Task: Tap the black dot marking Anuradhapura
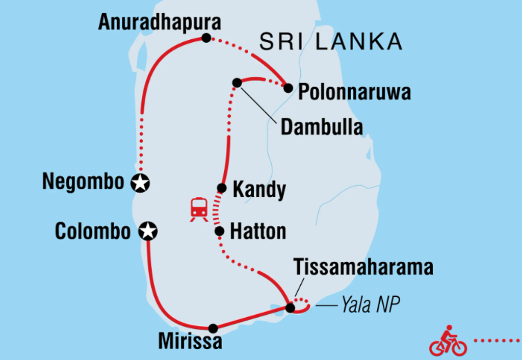(x=205, y=37)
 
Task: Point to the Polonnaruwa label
(x=354, y=93)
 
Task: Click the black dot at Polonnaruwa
(x=288, y=88)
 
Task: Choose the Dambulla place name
(x=322, y=127)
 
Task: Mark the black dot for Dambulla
(x=237, y=82)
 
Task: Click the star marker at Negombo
(x=140, y=182)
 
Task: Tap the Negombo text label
(x=83, y=182)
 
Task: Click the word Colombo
(x=93, y=232)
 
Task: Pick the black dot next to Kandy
(x=222, y=188)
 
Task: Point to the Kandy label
(x=259, y=190)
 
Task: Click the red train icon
(x=199, y=210)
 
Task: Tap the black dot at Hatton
(x=219, y=232)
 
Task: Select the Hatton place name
(x=258, y=232)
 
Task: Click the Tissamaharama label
(x=363, y=267)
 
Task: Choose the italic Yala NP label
(x=371, y=305)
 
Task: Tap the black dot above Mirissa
(x=213, y=328)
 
